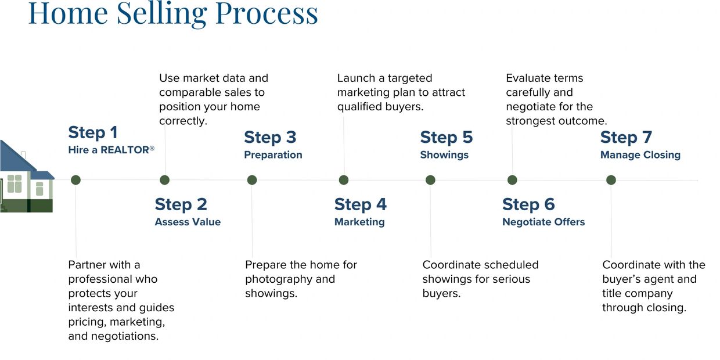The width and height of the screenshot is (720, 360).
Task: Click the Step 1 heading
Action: tap(92, 132)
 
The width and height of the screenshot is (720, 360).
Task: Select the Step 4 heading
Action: tap(360, 204)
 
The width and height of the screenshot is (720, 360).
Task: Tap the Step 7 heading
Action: tap(626, 137)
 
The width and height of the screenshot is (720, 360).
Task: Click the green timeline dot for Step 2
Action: tap(164, 180)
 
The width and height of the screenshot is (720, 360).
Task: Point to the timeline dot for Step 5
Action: tap(430, 180)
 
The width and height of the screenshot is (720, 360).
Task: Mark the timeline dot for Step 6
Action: tap(512, 180)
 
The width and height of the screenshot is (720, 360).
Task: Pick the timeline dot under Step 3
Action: tap(252, 180)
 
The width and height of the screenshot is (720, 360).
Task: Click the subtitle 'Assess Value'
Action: tap(188, 222)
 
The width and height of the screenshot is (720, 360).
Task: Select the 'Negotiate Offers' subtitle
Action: tap(543, 222)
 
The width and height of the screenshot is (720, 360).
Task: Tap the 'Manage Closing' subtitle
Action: tap(640, 155)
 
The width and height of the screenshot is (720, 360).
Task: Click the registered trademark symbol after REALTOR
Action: tap(152, 149)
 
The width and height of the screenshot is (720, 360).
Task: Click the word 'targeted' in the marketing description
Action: tap(411, 78)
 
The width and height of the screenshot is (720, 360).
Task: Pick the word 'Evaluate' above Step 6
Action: tap(528, 78)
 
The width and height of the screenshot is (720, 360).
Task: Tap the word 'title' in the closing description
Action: tap(614, 294)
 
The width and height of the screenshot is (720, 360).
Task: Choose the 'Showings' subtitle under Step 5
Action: tap(444, 155)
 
